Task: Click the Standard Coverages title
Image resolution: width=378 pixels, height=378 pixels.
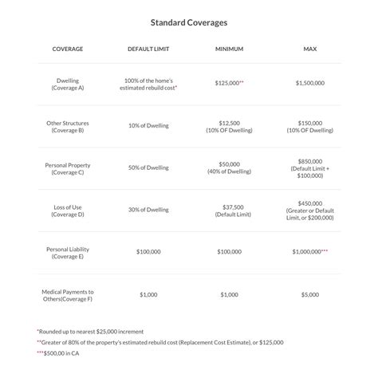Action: click(x=188, y=22)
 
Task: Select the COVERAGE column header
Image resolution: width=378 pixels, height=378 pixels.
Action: click(x=68, y=49)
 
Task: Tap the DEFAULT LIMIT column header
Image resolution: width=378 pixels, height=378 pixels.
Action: click(x=150, y=49)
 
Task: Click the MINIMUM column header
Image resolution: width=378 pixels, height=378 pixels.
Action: click(x=229, y=49)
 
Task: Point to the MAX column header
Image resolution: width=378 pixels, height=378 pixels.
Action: click(x=309, y=49)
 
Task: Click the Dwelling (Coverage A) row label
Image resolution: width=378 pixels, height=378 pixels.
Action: click(x=68, y=85)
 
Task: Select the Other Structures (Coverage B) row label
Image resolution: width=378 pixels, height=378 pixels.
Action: click(x=68, y=126)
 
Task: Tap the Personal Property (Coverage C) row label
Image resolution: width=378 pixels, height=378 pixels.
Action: click(x=68, y=168)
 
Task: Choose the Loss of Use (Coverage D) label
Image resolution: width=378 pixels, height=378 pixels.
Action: click(x=68, y=211)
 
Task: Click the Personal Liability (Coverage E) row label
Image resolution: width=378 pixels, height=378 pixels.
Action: click(x=68, y=253)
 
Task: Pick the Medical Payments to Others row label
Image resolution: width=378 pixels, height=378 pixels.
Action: click(x=68, y=295)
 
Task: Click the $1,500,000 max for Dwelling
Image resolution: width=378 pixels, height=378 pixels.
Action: click(x=309, y=82)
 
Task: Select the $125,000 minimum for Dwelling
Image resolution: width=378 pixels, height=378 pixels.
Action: click(x=228, y=82)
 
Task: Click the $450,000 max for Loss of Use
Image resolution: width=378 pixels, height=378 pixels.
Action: click(x=309, y=203)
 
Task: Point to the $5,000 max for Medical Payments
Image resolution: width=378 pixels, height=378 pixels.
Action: click(x=309, y=295)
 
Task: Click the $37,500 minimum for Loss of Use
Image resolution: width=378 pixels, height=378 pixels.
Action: click(x=229, y=207)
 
